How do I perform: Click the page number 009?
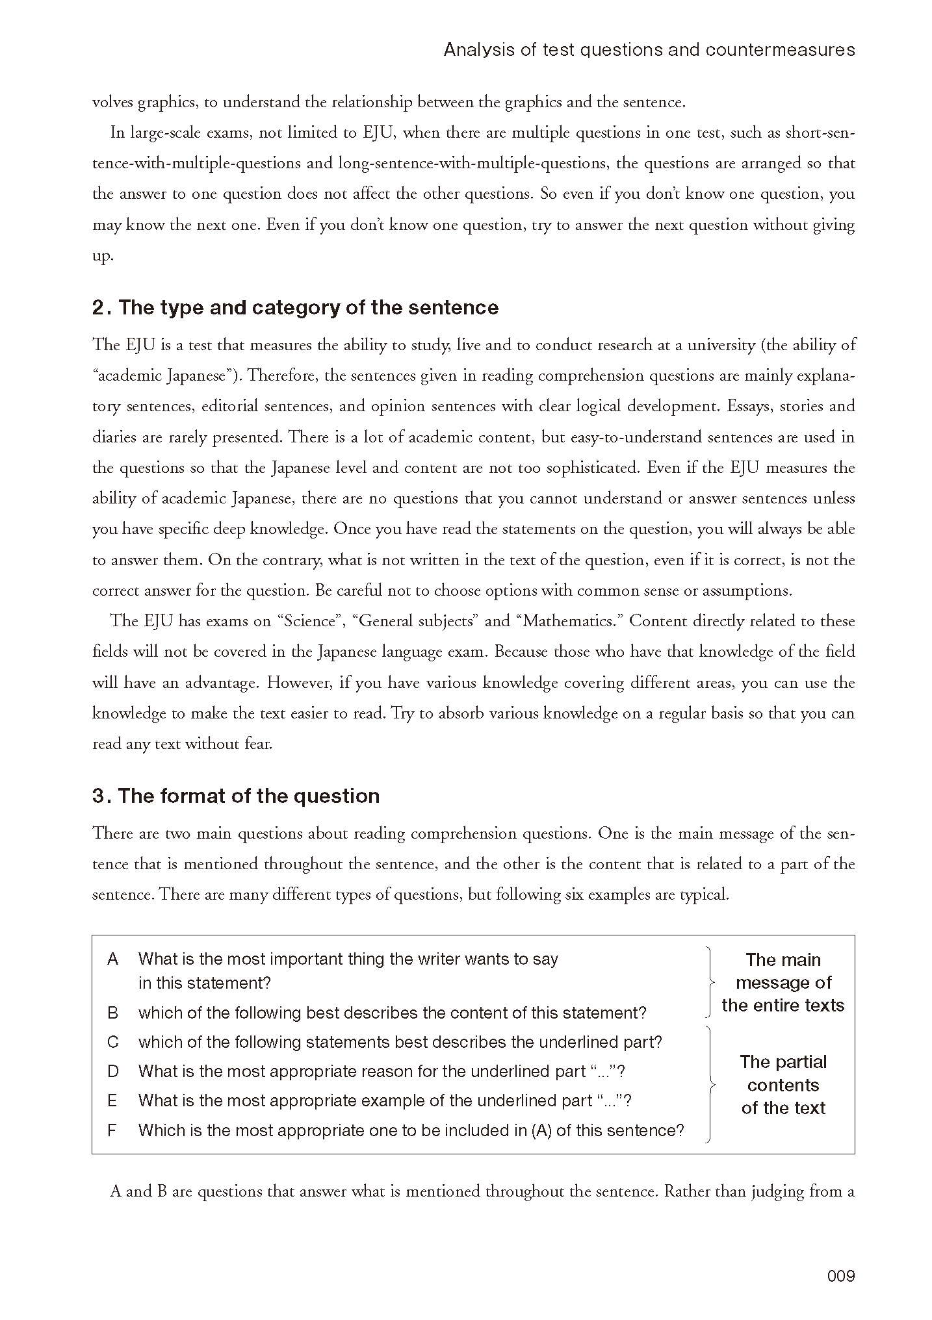[840, 1276]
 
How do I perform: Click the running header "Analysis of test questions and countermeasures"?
[649, 50]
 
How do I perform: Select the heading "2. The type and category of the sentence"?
[295, 307]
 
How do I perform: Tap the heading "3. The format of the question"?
[235, 796]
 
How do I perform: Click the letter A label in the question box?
[113, 959]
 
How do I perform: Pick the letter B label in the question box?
[113, 1013]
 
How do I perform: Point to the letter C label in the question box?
[113, 1042]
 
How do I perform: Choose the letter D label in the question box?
[113, 1071]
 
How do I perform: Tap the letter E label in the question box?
[112, 1100]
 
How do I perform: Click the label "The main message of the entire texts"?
[783, 982]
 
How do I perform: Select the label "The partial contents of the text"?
[783, 1085]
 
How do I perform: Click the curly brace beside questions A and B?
[709, 982]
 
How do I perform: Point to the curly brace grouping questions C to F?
[710, 1085]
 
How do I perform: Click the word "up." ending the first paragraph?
[103, 256]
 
